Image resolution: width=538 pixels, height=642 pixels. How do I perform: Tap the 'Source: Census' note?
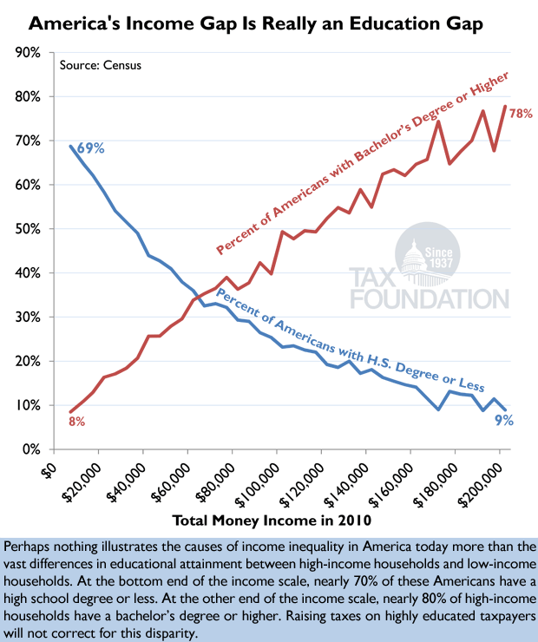100,66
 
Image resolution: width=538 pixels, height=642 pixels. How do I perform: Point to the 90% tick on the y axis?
26,53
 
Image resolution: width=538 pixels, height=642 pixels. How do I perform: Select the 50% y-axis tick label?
26,229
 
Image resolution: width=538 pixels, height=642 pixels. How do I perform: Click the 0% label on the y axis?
30,449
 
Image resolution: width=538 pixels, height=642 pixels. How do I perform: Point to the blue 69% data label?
91,148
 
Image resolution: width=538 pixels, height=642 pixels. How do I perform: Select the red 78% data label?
521,114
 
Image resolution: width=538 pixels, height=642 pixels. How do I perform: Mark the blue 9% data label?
504,421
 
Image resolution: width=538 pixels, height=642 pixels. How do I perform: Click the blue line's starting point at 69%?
70,146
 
